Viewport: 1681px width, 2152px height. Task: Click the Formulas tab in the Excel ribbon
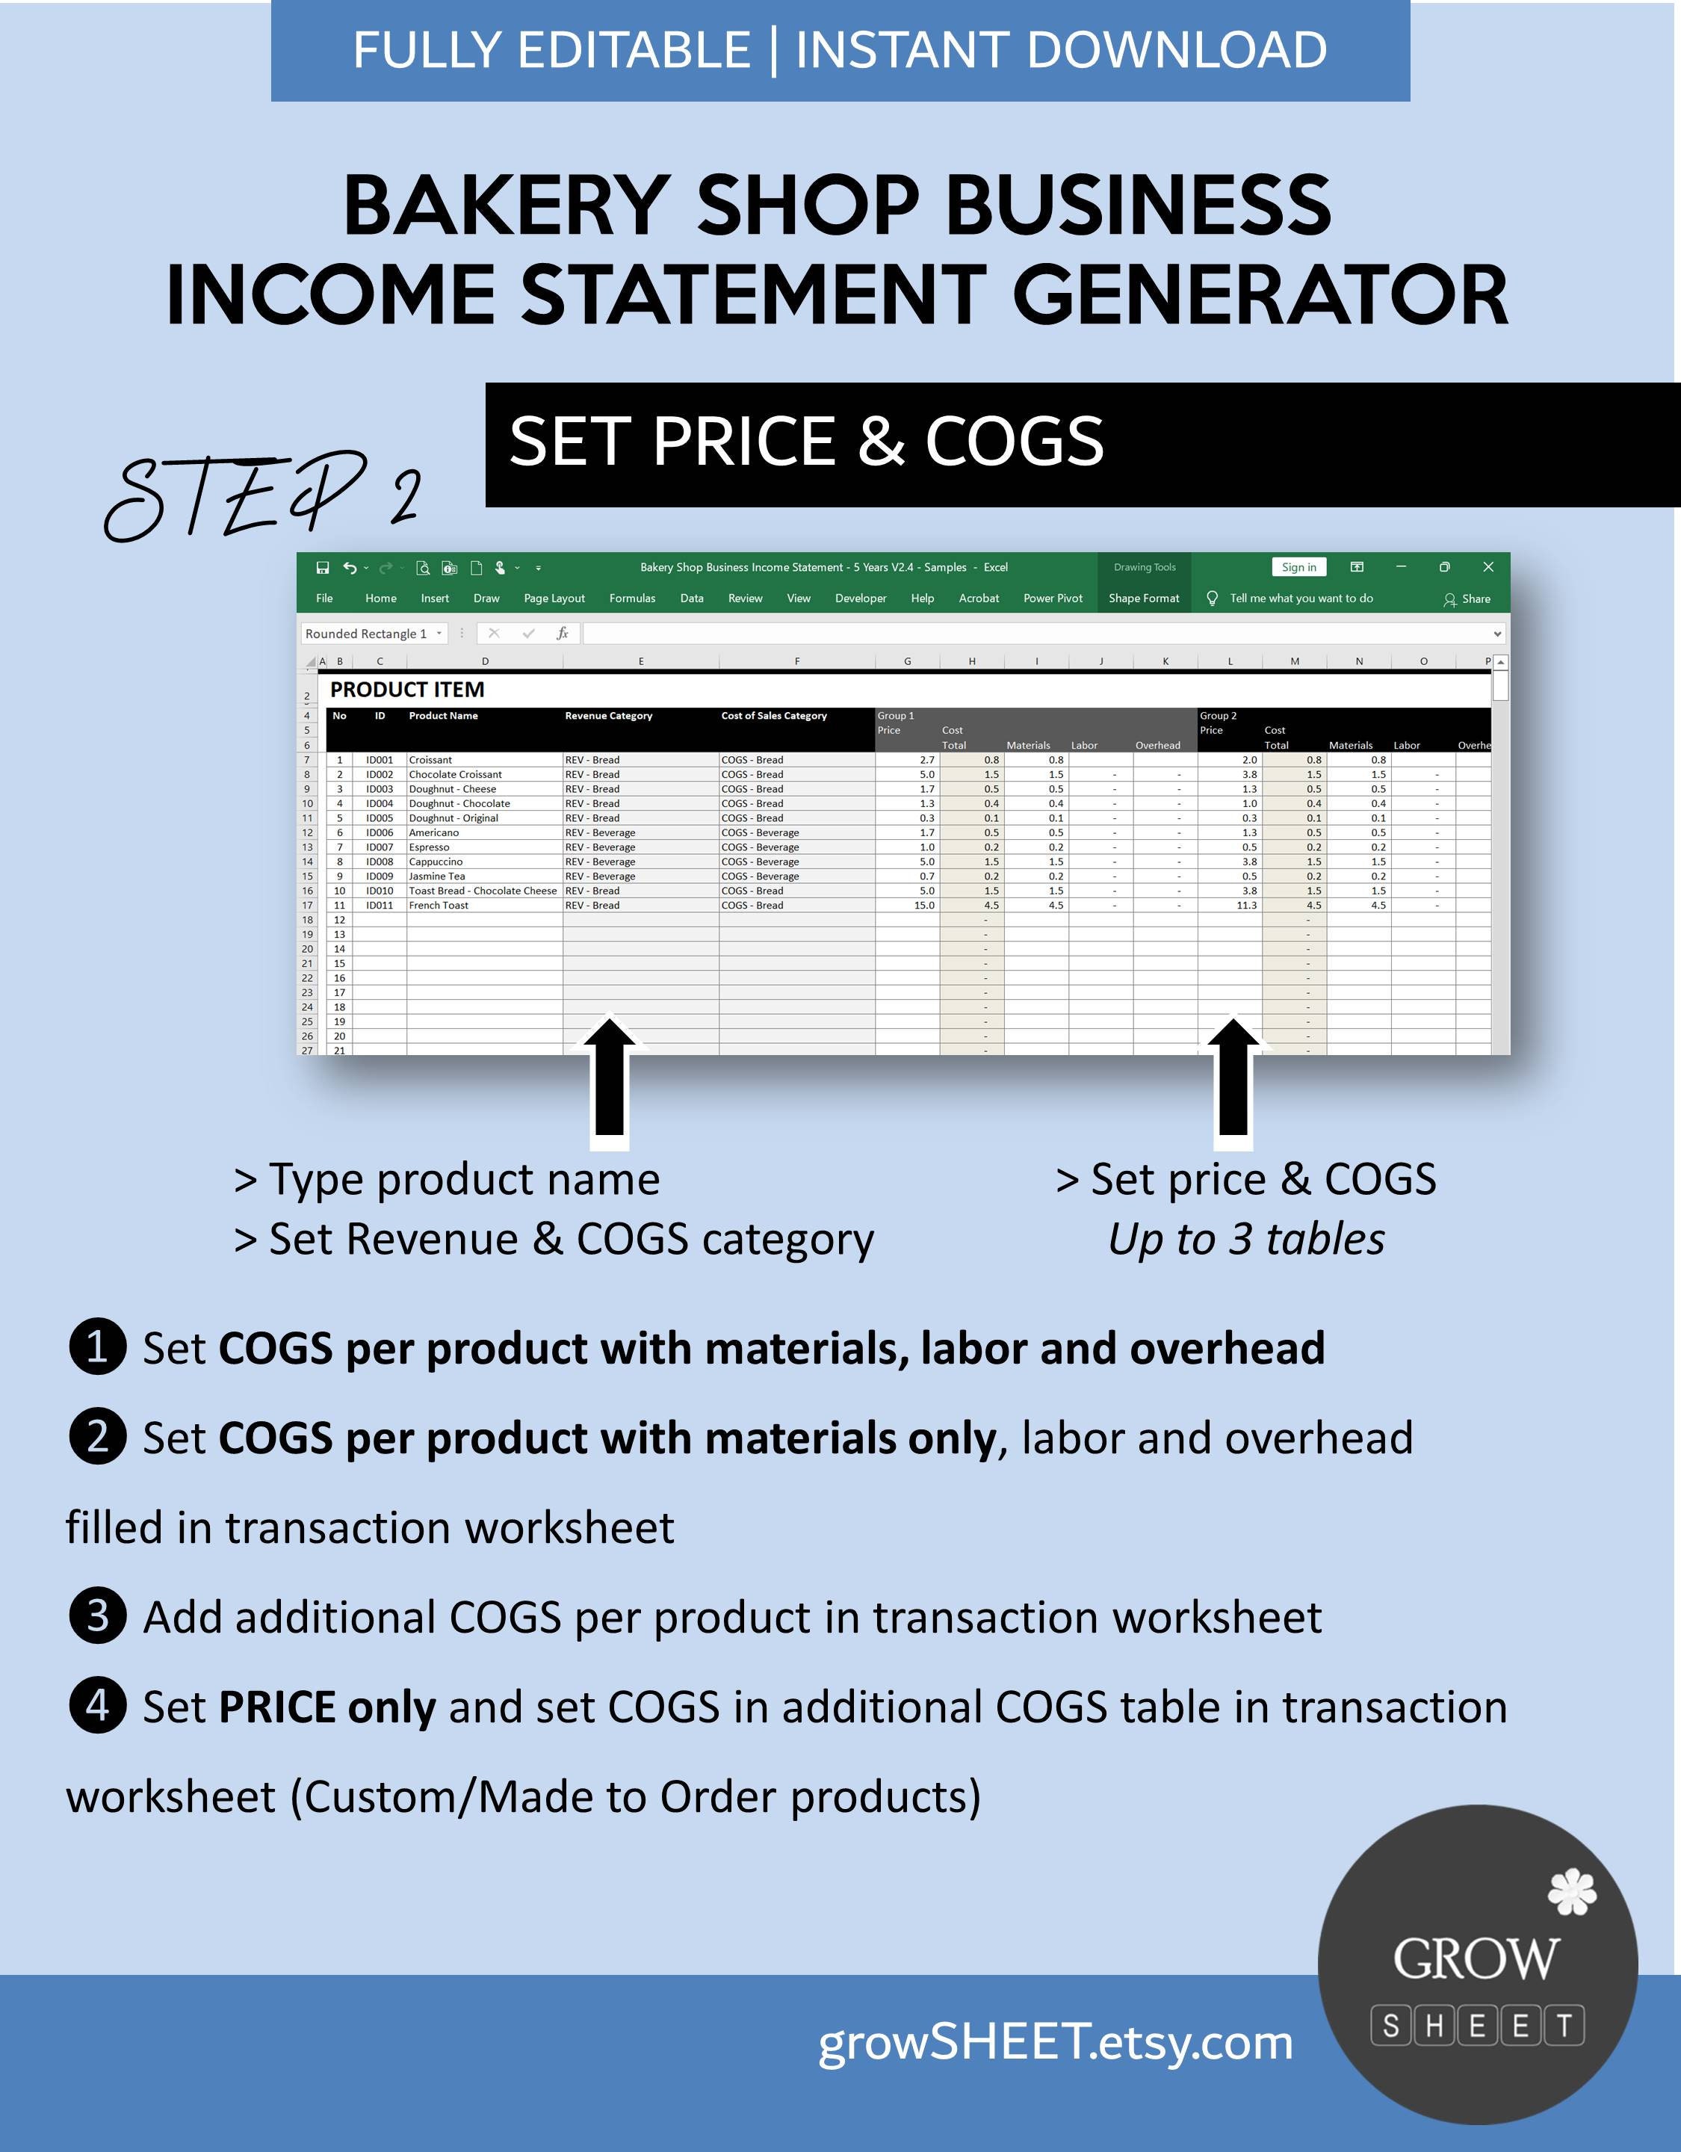[631, 598]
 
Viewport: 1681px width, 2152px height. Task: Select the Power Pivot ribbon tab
[1053, 598]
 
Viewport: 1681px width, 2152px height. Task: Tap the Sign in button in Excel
[1298, 568]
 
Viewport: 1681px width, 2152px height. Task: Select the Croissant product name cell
[430, 760]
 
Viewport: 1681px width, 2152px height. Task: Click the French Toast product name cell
[439, 905]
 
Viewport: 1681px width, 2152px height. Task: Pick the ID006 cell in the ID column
[380, 832]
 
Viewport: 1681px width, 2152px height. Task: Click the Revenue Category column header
[608, 717]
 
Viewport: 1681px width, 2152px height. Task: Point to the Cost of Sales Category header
[773, 717]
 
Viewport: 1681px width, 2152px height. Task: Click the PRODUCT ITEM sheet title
[407, 690]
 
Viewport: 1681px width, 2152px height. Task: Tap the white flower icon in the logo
[1573, 1891]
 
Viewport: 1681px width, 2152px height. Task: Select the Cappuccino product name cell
[436, 862]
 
